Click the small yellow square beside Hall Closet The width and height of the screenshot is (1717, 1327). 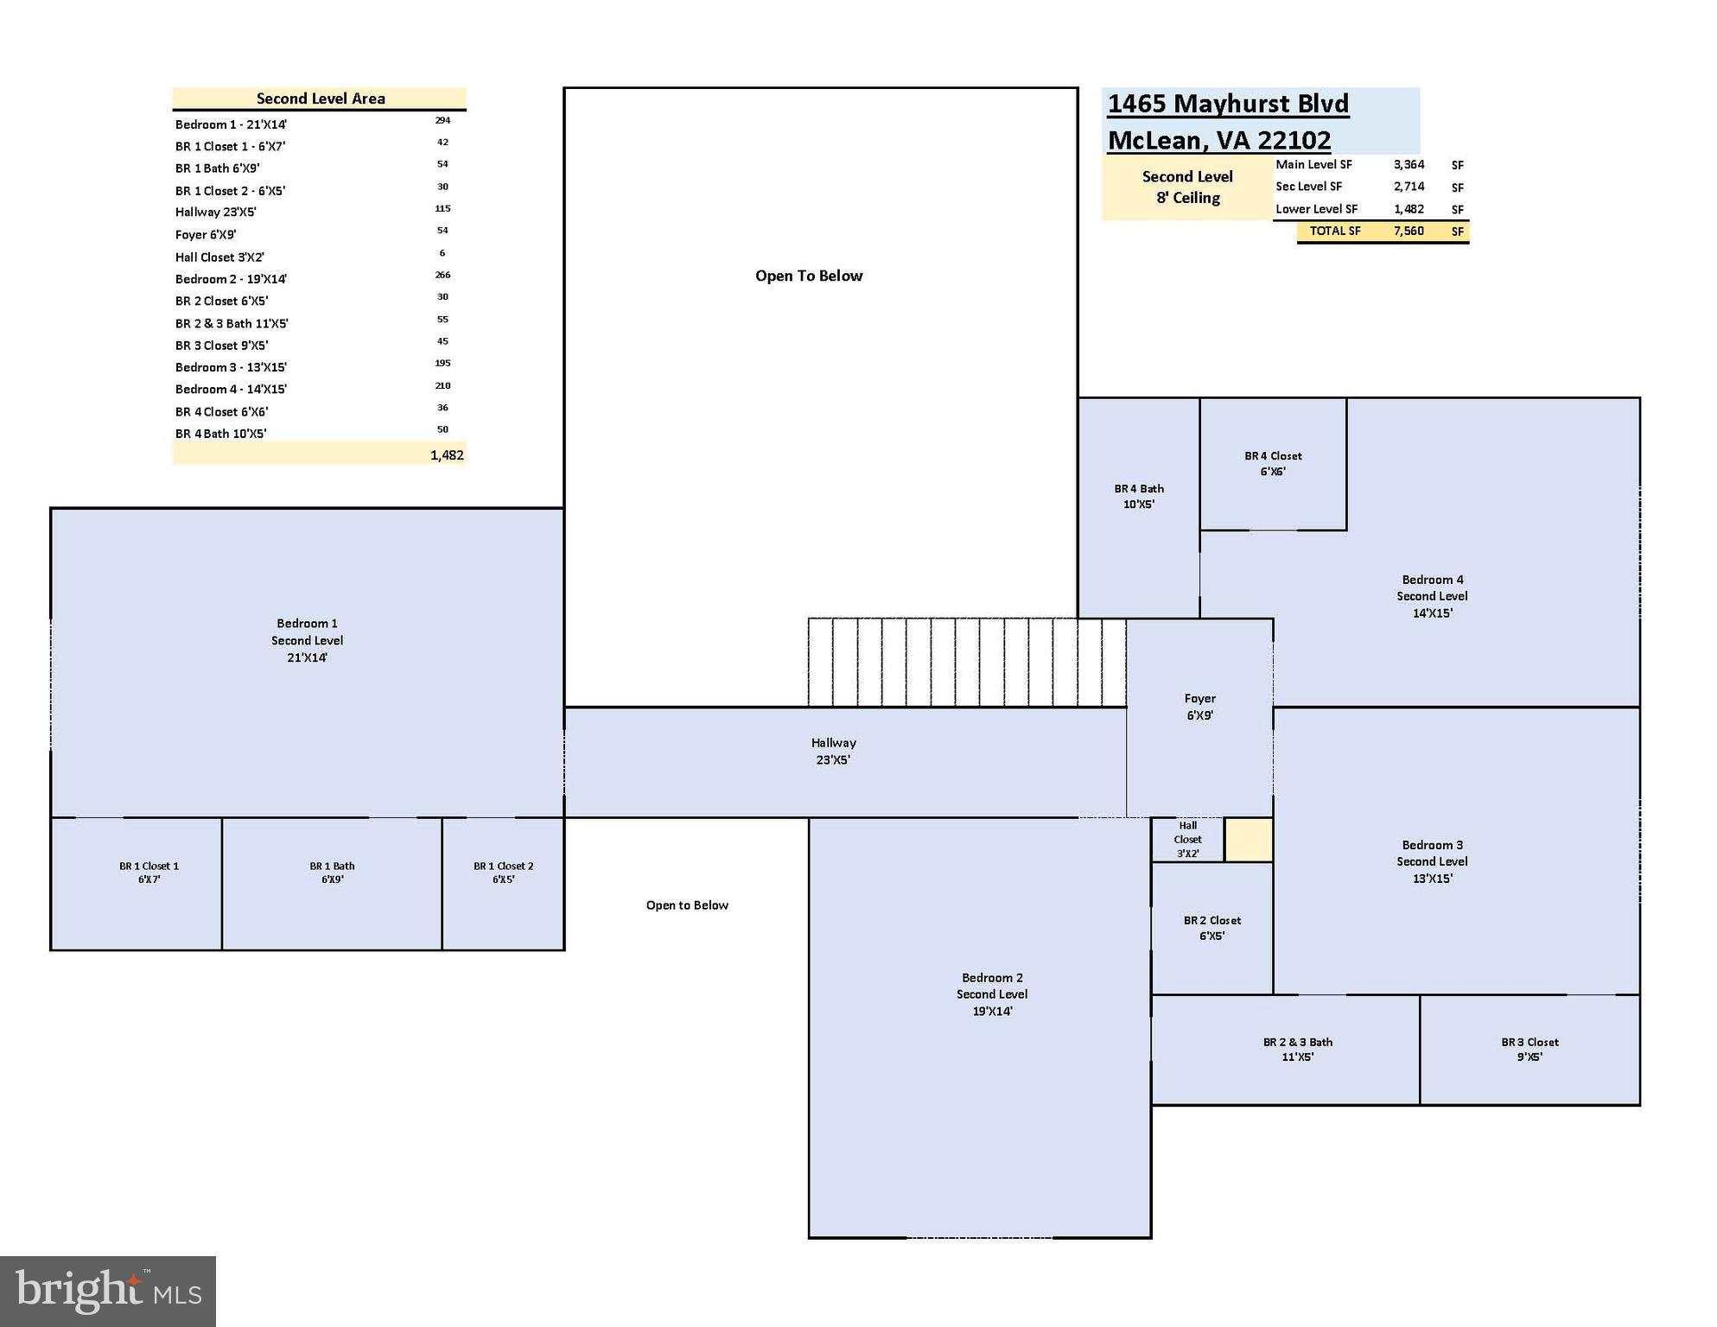tap(1249, 840)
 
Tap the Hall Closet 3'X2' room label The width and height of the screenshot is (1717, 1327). tap(1187, 840)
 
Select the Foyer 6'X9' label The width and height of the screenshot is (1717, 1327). tap(1199, 707)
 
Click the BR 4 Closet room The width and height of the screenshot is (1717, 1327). tap(1273, 464)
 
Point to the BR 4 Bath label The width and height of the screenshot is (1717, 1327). tap(1139, 497)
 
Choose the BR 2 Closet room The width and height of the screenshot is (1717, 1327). tap(1211, 928)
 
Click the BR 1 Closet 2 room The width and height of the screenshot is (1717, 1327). tap(503, 873)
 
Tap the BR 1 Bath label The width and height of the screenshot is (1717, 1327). tap(332, 873)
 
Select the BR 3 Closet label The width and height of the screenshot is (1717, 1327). tap(1529, 1050)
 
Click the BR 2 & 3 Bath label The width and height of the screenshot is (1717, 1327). tap(1297, 1050)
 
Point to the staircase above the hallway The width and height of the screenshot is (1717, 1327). tap(966, 663)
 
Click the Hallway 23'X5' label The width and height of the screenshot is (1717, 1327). tap(833, 752)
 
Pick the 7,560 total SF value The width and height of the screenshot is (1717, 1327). tap(1409, 231)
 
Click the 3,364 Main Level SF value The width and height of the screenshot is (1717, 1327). tap(1409, 164)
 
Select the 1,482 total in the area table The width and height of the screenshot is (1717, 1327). tap(447, 455)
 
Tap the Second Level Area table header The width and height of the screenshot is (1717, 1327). tap(320, 98)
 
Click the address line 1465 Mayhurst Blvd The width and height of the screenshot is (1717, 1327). tap(1228, 104)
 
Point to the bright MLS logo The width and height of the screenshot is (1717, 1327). tap(108, 1291)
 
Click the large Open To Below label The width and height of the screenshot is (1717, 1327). tap(809, 276)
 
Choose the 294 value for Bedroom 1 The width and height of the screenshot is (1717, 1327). tap(442, 120)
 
